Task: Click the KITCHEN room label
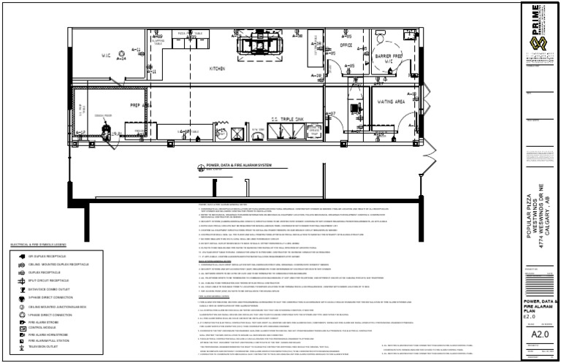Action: coord(218,69)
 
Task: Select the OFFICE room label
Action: coord(346,45)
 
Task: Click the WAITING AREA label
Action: coord(391,103)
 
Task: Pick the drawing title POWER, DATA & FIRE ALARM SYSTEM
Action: coord(238,166)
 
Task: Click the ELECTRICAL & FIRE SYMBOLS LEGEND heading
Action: coord(38,245)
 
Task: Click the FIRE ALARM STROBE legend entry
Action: coord(42,321)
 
